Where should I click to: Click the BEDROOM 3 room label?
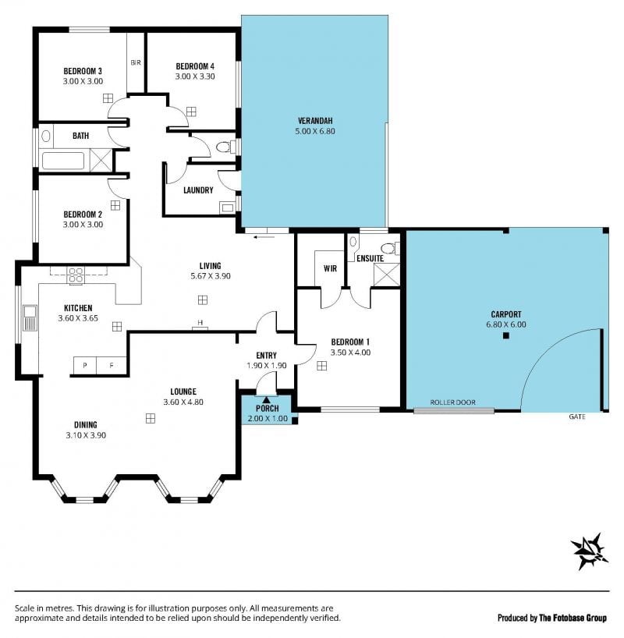coord(83,71)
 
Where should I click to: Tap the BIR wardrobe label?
coord(136,62)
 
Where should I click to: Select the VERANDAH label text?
coord(315,121)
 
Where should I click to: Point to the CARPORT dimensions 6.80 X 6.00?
coord(506,324)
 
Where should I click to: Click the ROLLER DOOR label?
coord(452,402)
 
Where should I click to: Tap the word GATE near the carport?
coord(577,416)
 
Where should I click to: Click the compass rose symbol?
coord(589,551)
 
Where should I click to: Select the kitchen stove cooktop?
coord(76,275)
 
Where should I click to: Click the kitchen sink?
coord(30,317)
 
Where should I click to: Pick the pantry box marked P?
coord(85,365)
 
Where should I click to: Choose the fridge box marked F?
coord(112,365)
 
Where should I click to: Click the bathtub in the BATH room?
coord(63,161)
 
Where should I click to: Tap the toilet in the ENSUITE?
coord(390,247)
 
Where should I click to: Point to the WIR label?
coord(330,268)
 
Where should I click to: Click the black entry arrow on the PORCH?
coord(266,400)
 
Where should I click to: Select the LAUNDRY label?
coord(198,190)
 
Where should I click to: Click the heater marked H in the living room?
coord(200,324)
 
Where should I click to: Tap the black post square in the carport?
coord(506,335)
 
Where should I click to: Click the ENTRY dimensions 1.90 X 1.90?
coord(266,365)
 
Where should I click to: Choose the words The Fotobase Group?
coord(573,618)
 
